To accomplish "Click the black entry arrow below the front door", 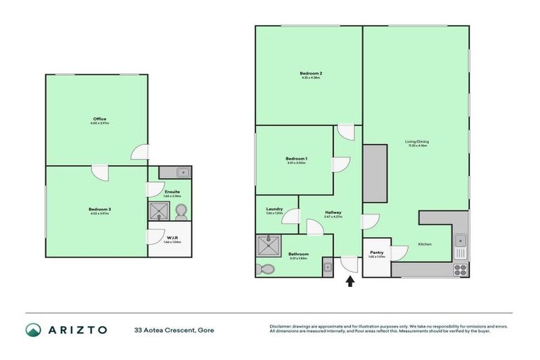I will coord(350,282).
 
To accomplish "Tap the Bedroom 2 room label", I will coord(311,74).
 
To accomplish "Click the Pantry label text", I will coord(375,253).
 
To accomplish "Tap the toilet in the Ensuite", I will coord(180,211).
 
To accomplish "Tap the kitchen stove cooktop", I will coord(461,268).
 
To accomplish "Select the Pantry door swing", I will coord(399,253).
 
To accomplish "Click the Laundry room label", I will coord(274,209).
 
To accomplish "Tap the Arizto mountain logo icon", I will coord(34,330).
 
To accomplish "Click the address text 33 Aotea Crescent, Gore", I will coord(174,330).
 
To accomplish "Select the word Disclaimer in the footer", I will coord(283,326).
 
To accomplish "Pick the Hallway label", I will coord(333,212).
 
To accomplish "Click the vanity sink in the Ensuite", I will coord(181,172).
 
